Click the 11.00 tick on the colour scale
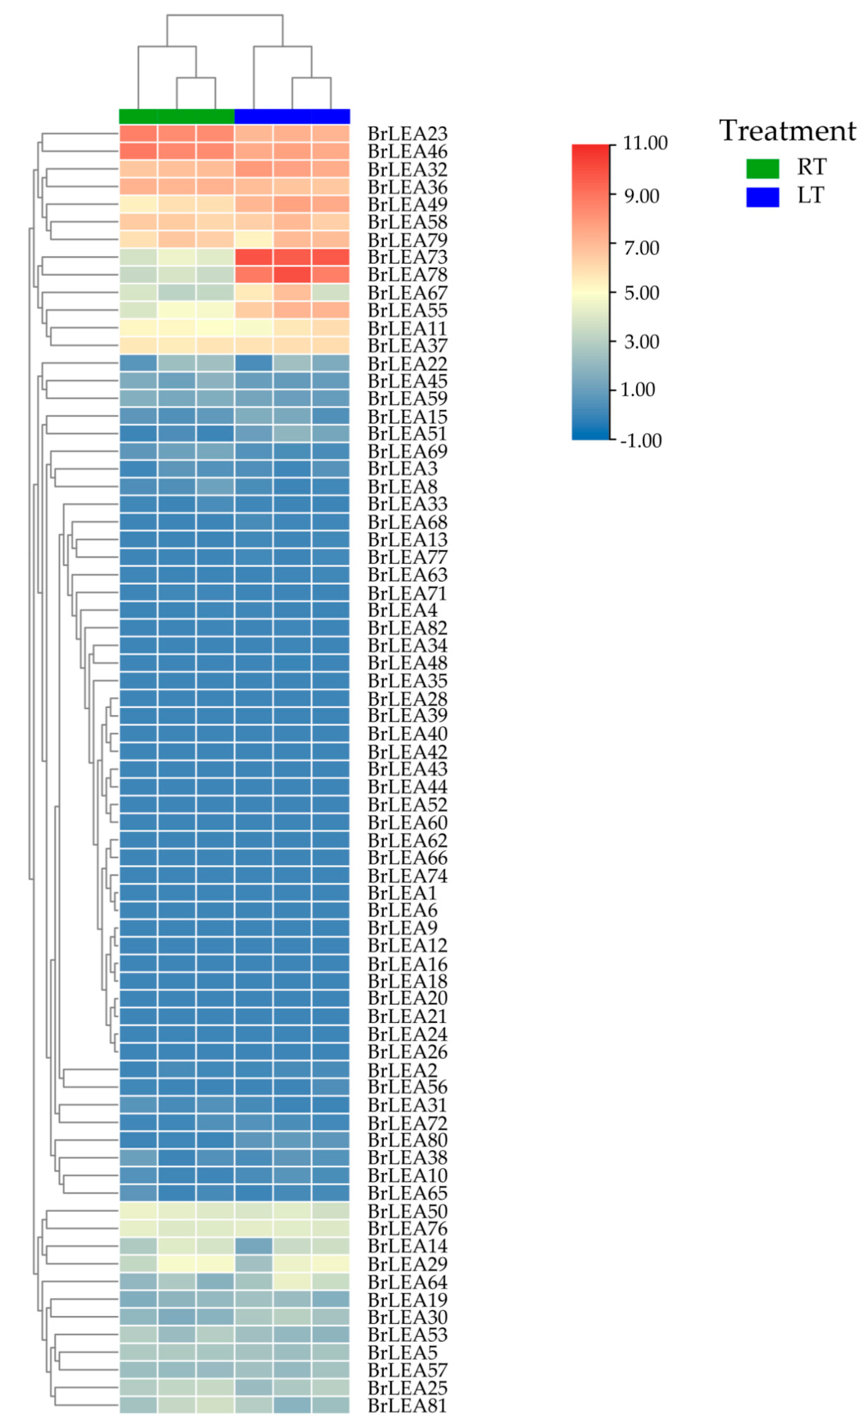(x=645, y=143)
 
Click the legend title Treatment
(x=787, y=130)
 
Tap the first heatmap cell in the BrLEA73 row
(x=138, y=257)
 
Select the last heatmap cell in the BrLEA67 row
(x=331, y=292)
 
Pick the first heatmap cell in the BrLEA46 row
(x=138, y=151)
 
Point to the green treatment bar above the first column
(x=138, y=116)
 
